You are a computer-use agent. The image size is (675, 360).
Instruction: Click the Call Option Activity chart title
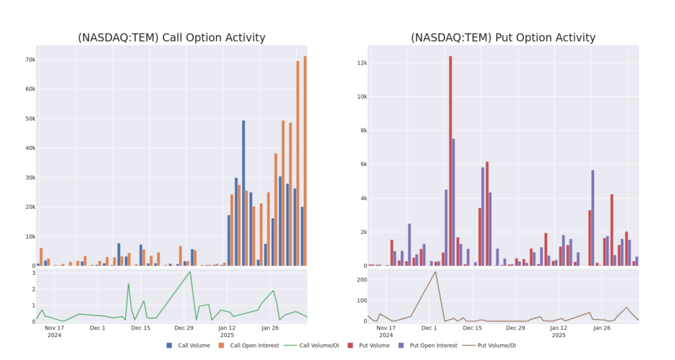click(171, 38)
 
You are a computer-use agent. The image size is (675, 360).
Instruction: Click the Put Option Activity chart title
click(503, 38)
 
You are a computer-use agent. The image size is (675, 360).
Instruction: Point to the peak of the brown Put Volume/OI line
click(435, 272)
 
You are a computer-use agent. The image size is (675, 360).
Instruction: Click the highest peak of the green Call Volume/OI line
click(191, 272)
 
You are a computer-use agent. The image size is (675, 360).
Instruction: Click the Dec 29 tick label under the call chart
click(183, 327)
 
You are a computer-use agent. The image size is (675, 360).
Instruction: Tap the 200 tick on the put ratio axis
click(361, 280)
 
